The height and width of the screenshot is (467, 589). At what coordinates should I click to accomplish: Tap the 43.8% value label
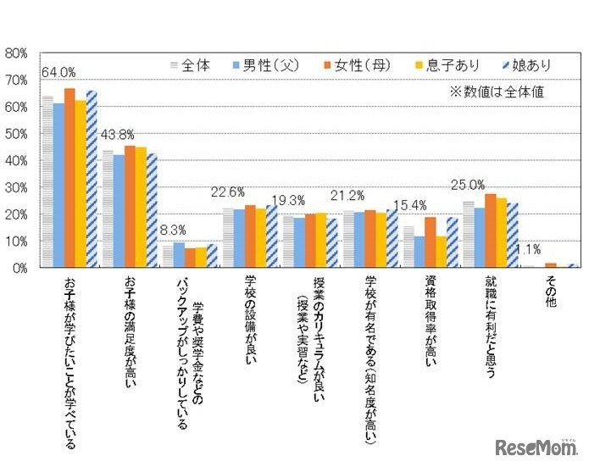(118, 135)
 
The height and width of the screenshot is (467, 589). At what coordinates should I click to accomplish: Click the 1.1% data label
(530, 250)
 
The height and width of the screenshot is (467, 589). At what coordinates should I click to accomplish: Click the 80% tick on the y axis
(17, 53)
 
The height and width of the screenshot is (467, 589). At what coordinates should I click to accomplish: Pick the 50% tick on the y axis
(17, 133)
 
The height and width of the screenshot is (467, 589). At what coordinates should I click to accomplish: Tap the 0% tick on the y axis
(20, 268)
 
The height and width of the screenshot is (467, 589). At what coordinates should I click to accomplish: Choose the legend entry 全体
(191, 64)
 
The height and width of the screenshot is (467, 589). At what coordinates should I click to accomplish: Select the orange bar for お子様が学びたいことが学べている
(69, 178)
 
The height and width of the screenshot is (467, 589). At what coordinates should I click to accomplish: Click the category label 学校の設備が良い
(247, 318)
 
